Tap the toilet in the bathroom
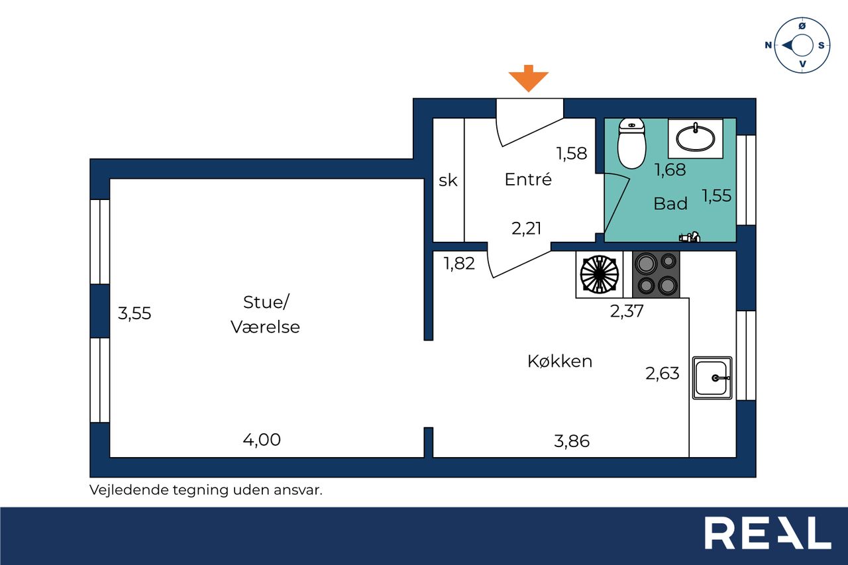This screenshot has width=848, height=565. pyautogui.click(x=631, y=143)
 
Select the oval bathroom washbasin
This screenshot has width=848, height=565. pyautogui.click(x=695, y=138)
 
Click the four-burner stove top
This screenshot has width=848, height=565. pyautogui.click(x=657, y=274)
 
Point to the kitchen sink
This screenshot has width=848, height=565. pyautogui.click(x=712, y=378)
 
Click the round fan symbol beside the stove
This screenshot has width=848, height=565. pyautogui.click(x=600, y=274)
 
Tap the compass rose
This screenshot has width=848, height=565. pyautogui.click(x=802, y=45)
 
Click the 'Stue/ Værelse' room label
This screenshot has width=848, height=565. pyautogui.click(x=266, y=315)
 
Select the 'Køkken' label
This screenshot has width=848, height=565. pyautogui.click(x=560, y=362)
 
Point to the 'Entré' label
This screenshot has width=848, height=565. pyautogui.click(x=528, y=180)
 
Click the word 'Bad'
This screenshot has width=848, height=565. pyautogui.click(x=670, y=204)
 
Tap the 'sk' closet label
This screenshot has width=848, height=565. pyautogui.click(x=448, y=180)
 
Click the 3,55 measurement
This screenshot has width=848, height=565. pyautogui.click(x=134, y=313)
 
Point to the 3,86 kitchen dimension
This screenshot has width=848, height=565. pyautogui.click(x=572, y=440)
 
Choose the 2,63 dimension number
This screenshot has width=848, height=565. pyautogui.click(x=662, y=374)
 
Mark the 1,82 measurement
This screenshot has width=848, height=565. pyautogui.click(x=459, y=264)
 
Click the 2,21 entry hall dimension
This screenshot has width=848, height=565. pyautogui.click(x=527, y=229)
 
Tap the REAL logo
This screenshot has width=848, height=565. pyautogui.click(x=767, y=534)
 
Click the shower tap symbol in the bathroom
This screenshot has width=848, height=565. pyautogui.click(x=690, y=236)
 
